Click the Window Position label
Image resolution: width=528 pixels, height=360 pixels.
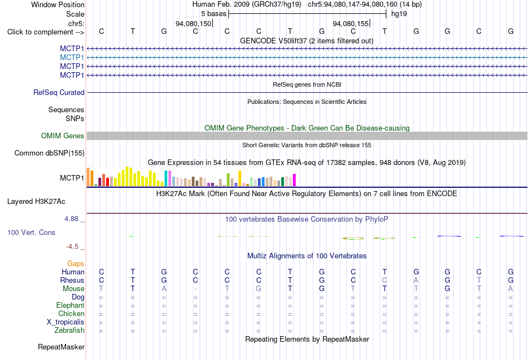click(58, 4)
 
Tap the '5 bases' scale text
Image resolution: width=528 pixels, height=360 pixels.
click(214, 14)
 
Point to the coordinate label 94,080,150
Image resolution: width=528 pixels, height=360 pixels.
click(193, 23)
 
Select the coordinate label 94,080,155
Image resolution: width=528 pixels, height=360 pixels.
click(351, 23)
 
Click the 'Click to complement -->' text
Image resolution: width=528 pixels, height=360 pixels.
click(46, 32)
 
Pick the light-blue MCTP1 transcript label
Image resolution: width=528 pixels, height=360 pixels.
click(72, 58)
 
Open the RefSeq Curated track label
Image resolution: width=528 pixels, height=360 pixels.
click(59, 93)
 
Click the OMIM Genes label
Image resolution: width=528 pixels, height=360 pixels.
click(63, 136)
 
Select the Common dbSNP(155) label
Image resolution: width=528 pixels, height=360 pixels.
click(49, 153)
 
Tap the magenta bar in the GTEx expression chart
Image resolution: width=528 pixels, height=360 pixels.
click(295, 180)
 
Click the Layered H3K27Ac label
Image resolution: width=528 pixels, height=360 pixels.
click(36, 202)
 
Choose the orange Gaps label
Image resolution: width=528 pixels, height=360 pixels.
click(76, 264)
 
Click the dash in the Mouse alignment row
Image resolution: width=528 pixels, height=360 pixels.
click(196, 289)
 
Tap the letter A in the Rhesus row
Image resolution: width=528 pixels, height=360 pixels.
click(416, 280)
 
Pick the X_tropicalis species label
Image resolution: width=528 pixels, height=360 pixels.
click(66, 322)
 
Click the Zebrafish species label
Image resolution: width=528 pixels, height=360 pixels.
click(69, 331)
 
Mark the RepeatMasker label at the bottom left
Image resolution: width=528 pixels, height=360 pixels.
click(61, 347)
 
